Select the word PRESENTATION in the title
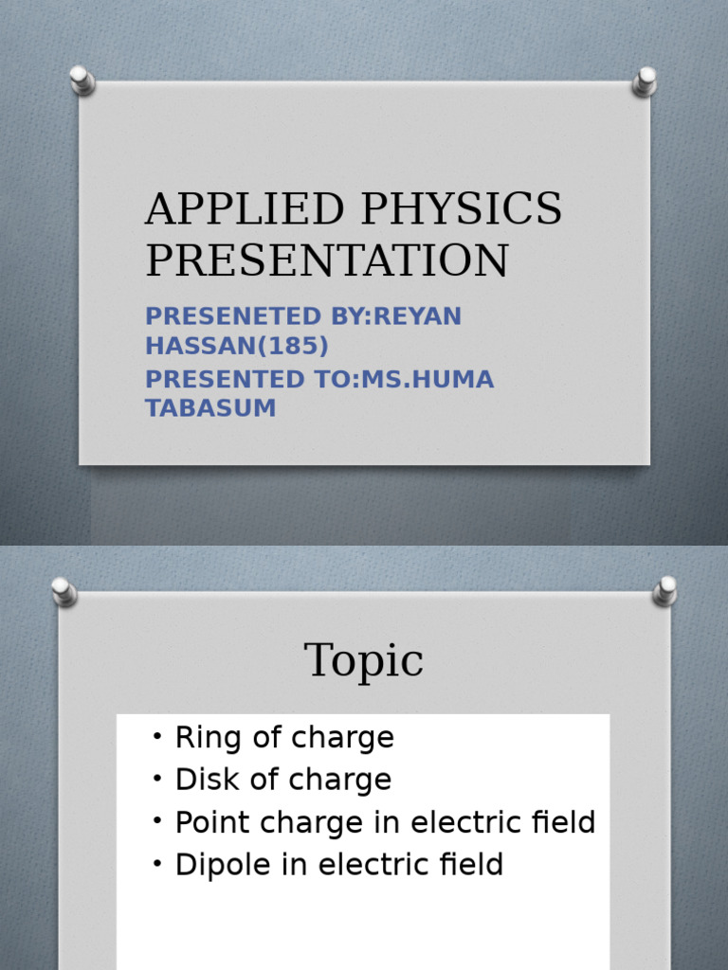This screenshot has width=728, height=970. tap(326, 260)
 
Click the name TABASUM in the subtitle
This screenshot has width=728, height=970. tap(210, 408)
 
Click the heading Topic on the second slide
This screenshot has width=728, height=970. tap(364, 660)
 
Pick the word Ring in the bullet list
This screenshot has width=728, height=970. tap(197, 738)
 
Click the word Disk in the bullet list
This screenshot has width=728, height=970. tap(197, 781)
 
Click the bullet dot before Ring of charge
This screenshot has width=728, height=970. tap(156, 738)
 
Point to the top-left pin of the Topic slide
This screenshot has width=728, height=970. tap(64, 591)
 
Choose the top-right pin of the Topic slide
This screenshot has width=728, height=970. tap(664, 591)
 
